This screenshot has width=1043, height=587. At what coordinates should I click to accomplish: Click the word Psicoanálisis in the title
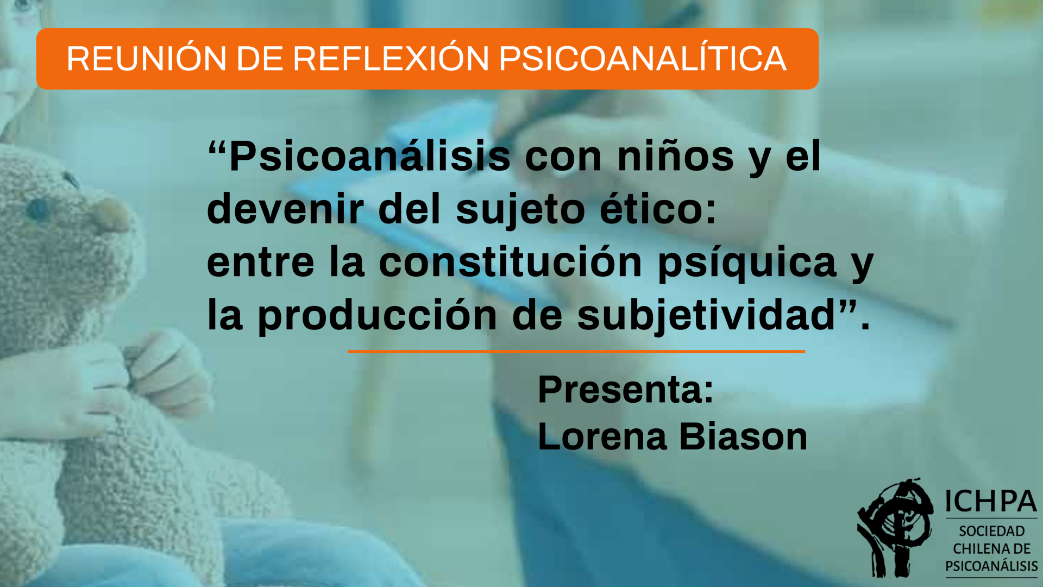370,156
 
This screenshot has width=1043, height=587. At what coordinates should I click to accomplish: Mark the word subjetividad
706,316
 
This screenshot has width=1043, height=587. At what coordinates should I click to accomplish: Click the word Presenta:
626,389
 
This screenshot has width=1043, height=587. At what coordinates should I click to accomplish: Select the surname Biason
744,436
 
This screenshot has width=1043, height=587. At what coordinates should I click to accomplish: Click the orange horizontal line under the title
576,352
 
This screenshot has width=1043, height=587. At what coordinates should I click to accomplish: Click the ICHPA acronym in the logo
991,501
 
